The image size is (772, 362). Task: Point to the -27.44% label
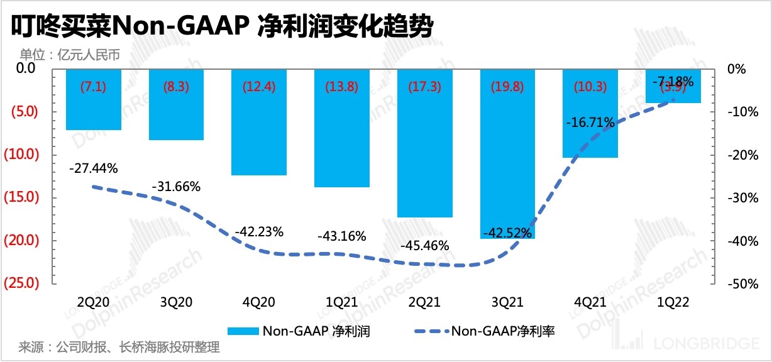tap(94, 168)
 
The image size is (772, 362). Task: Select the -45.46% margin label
tap(425, 245)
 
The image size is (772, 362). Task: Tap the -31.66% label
tap(177, 187)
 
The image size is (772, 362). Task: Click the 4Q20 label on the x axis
tap(259, 302)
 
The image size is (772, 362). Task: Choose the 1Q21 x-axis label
tap(342, 302)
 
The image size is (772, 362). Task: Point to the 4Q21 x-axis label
tap(590, 302)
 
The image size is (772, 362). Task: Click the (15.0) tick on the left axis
tap(23, 197)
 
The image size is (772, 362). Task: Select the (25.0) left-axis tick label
tap(23, 283)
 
